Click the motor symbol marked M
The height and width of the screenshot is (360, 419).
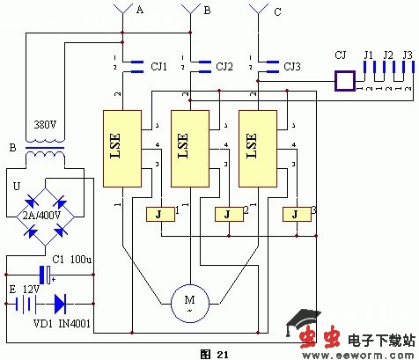pos(187,301)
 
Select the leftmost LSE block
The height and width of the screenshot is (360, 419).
pos(122,148)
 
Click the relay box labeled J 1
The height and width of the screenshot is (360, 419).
pos(158,214)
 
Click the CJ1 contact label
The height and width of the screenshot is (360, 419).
pos(158,65)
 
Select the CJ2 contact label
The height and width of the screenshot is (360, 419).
pos(225,65)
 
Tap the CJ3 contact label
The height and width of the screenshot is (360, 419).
pos(292,65)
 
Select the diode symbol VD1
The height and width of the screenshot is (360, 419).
pos(60,305)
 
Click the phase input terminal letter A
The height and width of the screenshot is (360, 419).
pos(138,10)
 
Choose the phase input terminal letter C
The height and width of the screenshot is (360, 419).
pos(279,11)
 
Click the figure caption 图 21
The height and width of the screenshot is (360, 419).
pos(214,353)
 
